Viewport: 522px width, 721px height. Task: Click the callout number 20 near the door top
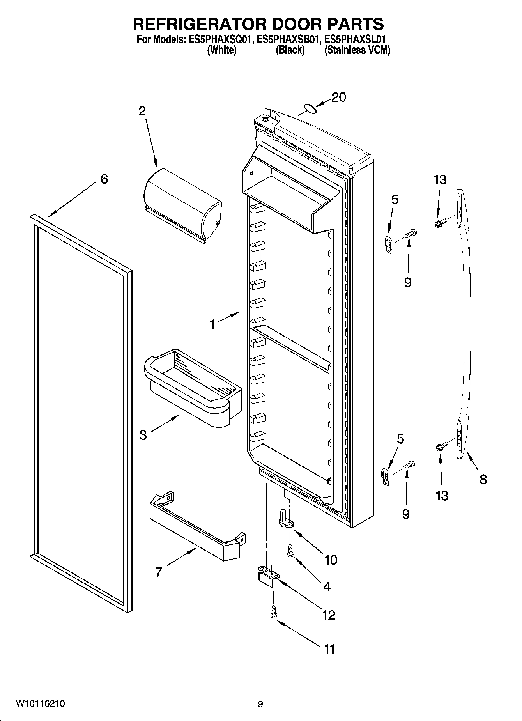pos(339,97)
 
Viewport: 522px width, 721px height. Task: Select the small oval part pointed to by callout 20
pos(310,109)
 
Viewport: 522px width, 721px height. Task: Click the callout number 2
pos(142,111)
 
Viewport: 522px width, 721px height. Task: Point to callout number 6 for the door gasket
pos(104,179)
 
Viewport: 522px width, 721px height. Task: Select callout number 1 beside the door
pos(212,324)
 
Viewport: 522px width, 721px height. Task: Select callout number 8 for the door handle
pos(483,479)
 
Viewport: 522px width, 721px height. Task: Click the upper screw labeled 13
pos(440,223)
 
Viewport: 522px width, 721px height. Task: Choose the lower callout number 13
pos(442,496)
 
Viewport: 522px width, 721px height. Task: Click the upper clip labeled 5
pos(388,243)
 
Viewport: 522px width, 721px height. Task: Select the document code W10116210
pos(41,704)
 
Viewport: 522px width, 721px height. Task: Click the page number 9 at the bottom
pos(260,704)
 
